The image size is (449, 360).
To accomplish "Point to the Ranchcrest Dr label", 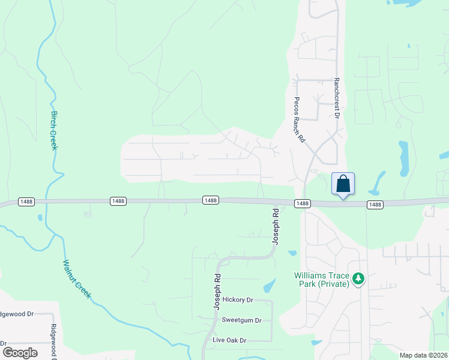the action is click(337, 95).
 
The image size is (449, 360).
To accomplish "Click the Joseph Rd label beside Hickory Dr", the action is click(217, 292).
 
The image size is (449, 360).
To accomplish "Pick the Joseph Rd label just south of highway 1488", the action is click(276, 226).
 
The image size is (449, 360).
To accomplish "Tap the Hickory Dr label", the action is click(238, 299).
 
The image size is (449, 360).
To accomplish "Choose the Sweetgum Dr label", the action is click(241, 320).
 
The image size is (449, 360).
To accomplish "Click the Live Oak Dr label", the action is click(229, 340).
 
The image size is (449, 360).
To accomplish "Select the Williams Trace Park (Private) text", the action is click(322, 280).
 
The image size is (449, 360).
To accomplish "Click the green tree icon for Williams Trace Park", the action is click(358, 278).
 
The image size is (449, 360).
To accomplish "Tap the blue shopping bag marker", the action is click(343, 184).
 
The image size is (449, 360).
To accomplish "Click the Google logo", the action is click(19, 353).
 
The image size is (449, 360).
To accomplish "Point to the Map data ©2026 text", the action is click(423, 355).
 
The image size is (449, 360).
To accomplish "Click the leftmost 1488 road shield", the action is click(26, 201).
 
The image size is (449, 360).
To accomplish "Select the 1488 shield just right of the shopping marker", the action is click(375, 205).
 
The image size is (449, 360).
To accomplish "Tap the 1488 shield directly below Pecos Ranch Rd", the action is click(303, 204).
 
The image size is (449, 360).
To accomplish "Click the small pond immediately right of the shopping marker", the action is click(378, 183).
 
